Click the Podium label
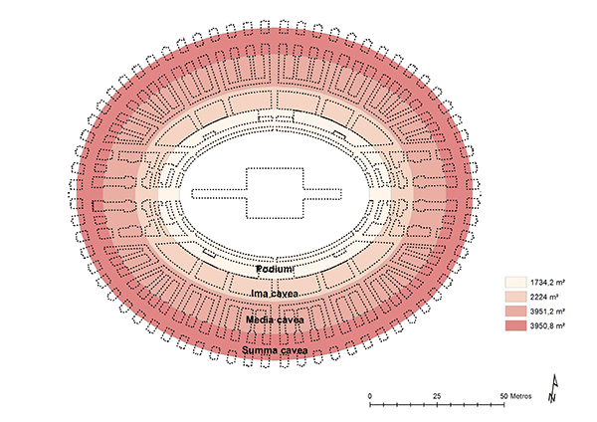(275, 270)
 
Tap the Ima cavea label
(275, 294)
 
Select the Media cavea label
(275, 319)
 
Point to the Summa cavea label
(275, 350)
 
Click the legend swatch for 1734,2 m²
(515, 283)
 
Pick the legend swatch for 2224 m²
(515, 297)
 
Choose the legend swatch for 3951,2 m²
(515, 312)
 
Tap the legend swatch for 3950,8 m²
(515, 325)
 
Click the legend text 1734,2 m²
(547, 283)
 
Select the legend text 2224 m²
(543, 297)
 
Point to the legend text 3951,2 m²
(547, 312)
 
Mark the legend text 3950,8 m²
(547, 325)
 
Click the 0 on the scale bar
(370, 396)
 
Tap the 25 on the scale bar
(437, 396)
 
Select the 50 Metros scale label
(515, 396)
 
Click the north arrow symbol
(553, 388)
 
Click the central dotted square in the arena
(275, 193)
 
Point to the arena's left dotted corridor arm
(219, 193)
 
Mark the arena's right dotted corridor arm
(322, 193)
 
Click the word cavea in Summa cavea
(293, 350)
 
